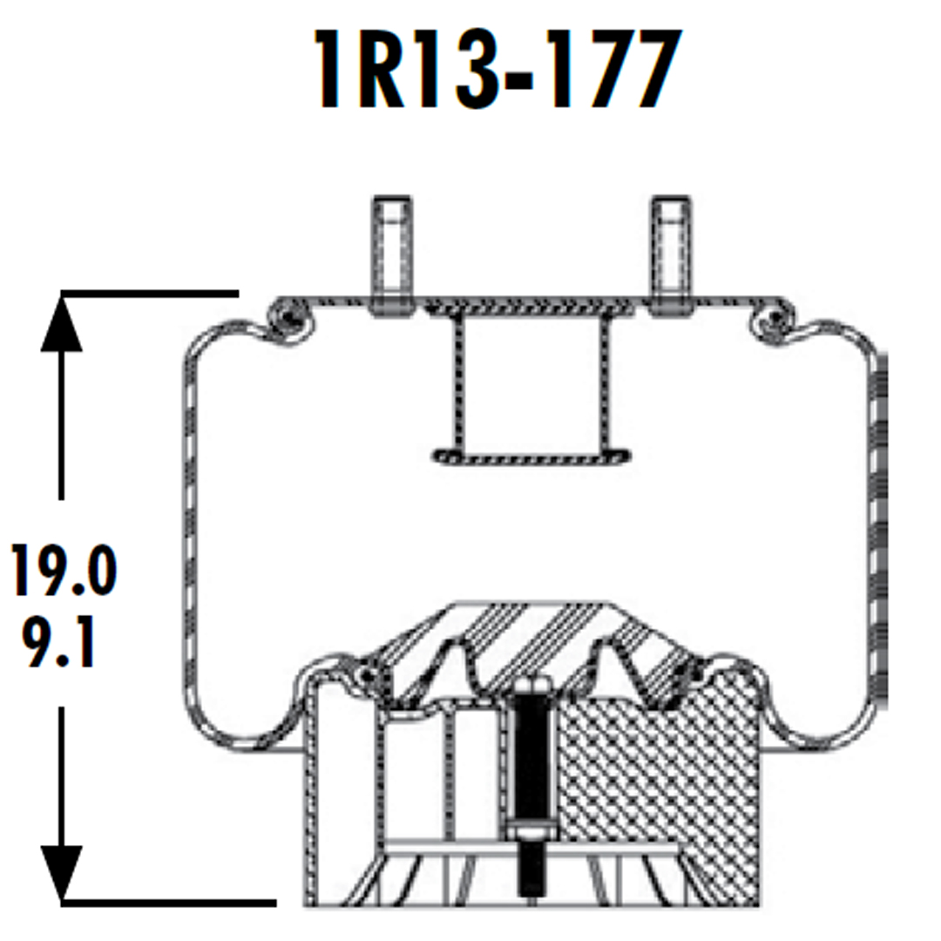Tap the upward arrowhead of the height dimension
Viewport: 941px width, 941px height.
[62, 322]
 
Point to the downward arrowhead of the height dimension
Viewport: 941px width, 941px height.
[62, 871]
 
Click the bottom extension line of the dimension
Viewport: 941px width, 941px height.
[166, 900]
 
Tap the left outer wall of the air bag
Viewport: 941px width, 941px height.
[187, 523]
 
